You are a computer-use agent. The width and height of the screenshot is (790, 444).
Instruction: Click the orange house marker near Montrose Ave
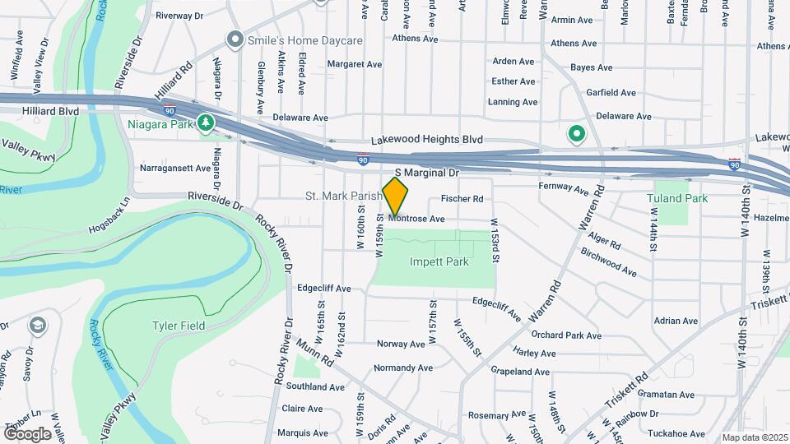(x=396, y=196)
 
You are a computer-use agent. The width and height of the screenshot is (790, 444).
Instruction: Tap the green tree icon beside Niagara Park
(x=206, y=124)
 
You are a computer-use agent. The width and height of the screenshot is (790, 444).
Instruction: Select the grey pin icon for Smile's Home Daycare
(x=235, y=39)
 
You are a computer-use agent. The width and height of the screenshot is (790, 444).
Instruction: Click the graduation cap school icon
(x=37, y=326)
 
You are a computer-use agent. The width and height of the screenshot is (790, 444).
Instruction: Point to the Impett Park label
(x=439, y=262)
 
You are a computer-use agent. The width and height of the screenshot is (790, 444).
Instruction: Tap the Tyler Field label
(x=178, y=326)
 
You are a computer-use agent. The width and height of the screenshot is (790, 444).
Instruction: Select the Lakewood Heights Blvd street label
(x=426, y=141)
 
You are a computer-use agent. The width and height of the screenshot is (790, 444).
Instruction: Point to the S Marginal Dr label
(x=426, y=173)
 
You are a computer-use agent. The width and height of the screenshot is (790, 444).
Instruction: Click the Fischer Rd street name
(x=462, y=198)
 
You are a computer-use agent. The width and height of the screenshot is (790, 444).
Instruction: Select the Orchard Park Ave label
(x=566, y=335)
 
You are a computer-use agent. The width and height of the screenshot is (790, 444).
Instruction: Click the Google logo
(x=27, y=433)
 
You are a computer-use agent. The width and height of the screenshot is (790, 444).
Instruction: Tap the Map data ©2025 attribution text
(x=755, y=437)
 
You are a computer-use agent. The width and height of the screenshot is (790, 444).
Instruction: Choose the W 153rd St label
(x=495, y=240)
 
